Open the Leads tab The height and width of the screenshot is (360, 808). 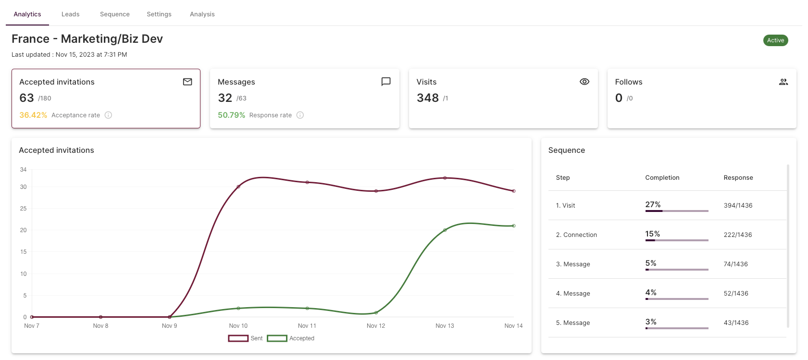point(70,14)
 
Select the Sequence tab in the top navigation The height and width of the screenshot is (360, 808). point(115,14)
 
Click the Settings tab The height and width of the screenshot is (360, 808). point(159,14)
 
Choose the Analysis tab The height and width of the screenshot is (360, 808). point(202,14)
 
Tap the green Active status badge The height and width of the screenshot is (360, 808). point(775,40)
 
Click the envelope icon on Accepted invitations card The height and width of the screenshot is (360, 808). point(187,82)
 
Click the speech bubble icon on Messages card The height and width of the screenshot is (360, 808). point(386,82)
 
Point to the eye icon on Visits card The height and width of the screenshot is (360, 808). point(584,82)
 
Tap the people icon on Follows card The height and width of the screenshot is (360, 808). point(783,82)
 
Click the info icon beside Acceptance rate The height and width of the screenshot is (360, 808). point(108,115)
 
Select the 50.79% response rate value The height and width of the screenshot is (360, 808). point(231,115)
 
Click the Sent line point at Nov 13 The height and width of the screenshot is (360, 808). point(445,178)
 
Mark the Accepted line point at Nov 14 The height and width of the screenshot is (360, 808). point(514,226)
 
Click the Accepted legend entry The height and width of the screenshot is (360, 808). point(291,338)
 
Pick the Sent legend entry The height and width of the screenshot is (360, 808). point(245,338)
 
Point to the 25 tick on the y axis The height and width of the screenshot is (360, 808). point(24,209)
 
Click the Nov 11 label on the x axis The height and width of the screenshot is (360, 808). point(307,326)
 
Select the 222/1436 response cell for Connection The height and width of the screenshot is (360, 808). point(738,235)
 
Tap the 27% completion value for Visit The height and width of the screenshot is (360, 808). point(653,205)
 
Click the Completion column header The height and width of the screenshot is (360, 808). point(662,177)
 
